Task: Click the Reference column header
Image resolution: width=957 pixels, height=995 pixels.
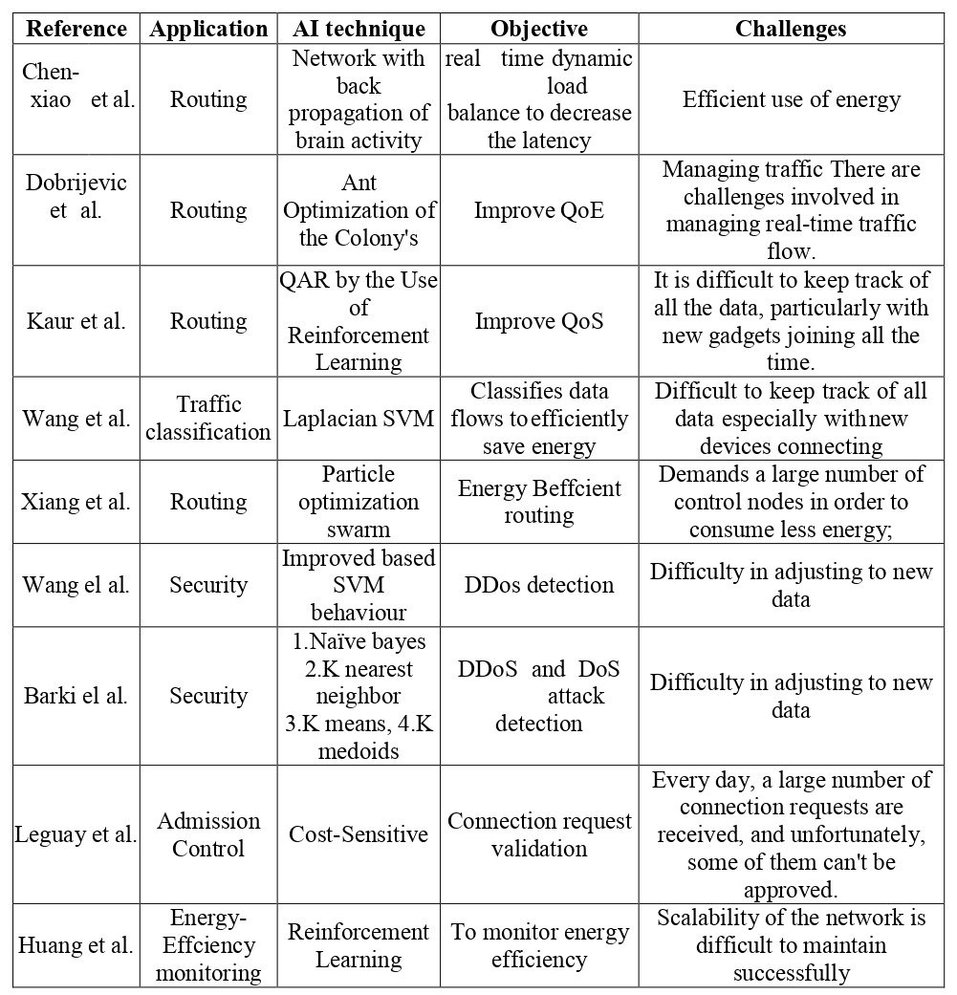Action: pyautogui.click(x=76, y=29)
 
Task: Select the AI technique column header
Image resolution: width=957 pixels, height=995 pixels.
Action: pyautogui.click(x=358, y=29)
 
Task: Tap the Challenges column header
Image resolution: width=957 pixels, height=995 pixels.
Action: pyautogui.click(x=791, y=29)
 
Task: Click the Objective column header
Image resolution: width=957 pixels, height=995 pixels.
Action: pyautogui.click(x=539, y=29)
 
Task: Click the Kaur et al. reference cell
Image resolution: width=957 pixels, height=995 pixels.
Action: pyautogui.click(x=76, y=321)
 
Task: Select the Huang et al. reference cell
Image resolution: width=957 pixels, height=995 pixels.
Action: pyautogui.click(x=76, y=946)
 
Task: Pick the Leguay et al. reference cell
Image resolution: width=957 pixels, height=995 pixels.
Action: pyautogui.click(x=76, y=834)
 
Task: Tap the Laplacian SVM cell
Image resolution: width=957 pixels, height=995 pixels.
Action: pyautogui.click(x=358, y=419)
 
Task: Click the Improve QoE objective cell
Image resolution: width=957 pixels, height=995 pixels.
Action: pyautogui.click(x=539, y=210)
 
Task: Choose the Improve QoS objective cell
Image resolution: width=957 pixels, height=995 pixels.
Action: pyautogui.click(x=539, y=321)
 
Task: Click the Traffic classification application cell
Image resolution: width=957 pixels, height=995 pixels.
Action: pyautogui.click(x=208, y=419)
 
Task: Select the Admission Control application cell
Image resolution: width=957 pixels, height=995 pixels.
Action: pyautogui.click(x=208, y=834)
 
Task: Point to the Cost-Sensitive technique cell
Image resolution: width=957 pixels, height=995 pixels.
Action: pyautogui.click(x=358, y=834)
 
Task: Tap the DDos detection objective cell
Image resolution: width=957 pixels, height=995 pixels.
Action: pyautogui.click(x=539, y=585)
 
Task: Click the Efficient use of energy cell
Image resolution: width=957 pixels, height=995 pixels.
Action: pyautogui.click(x=791, y=99)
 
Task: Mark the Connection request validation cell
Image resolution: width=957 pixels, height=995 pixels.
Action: pyautogui.click(x=539, y=834)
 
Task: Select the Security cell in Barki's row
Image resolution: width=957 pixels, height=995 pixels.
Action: pyautogui.click(x=208, y=696)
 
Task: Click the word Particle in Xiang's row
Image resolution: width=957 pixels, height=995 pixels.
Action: pyautogui.click(x=359, y=474)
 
